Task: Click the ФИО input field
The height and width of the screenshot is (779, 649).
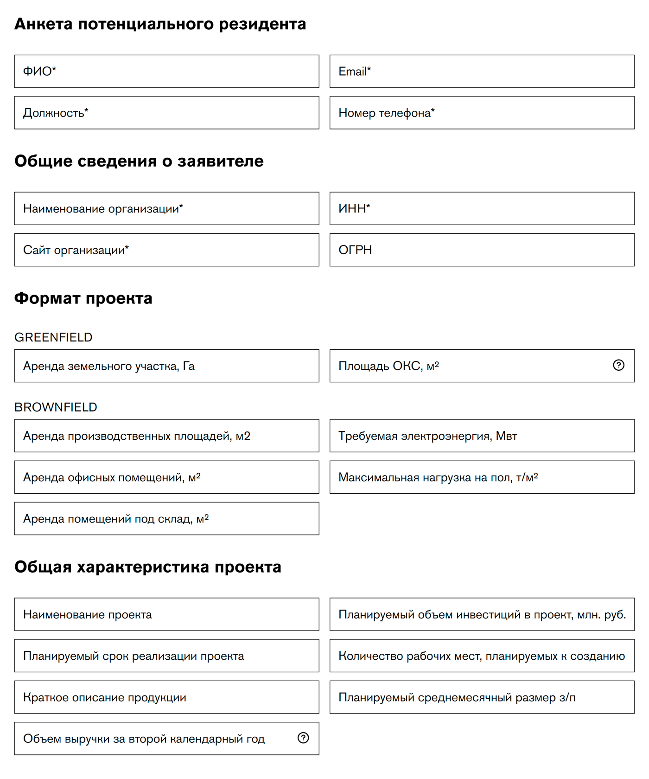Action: pyautogui.click(x=166, y=71)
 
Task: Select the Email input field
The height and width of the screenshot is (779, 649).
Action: pyautogui.click(x=482, y=71)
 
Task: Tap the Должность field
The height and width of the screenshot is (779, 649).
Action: pyautogui.click(x=166, y=113)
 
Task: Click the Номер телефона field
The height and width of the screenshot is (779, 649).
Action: pyautogui.click(x=482, y=113)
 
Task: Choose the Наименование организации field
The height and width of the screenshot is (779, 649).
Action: pyautogui.click(x=166, y=209)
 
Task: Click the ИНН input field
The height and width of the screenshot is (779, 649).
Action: pyautogui.click(x=482, y=209)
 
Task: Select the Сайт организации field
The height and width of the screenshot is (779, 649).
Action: pyautogui.click(x=166, y=250)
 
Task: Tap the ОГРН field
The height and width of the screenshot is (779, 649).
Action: pyautogui.click(x=482, y=250)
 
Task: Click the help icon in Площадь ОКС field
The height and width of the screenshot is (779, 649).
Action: pyautogui.click(x=618, y=365)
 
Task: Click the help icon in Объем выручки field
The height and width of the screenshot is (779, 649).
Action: pyautogui.click(x=303, y=738)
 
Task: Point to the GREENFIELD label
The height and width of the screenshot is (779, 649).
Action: pyautogui.click(x=53, y=337)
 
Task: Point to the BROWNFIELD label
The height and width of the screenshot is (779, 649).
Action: pyautogui.click(x=56, y=407)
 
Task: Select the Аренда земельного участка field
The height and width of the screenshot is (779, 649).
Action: pyautogui.click(x=166, y=366)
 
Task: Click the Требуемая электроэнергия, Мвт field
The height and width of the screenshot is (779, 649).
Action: pyautogui.click(x=482, y=436)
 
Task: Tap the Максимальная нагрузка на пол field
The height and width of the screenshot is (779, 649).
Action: pyautogui.click(x=482, y=477)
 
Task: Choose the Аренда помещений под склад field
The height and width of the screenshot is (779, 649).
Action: pyautogui.click(x=166, y=519)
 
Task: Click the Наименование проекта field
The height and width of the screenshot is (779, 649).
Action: pyautogui.click(x=166, y=615)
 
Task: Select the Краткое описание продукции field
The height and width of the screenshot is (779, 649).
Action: pyautogui.click(x=166, y=697)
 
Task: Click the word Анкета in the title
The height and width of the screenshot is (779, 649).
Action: pyautogui.click(x=43, y=24)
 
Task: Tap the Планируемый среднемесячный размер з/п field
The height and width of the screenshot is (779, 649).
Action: pyautogui.click(x=482, y=697)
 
